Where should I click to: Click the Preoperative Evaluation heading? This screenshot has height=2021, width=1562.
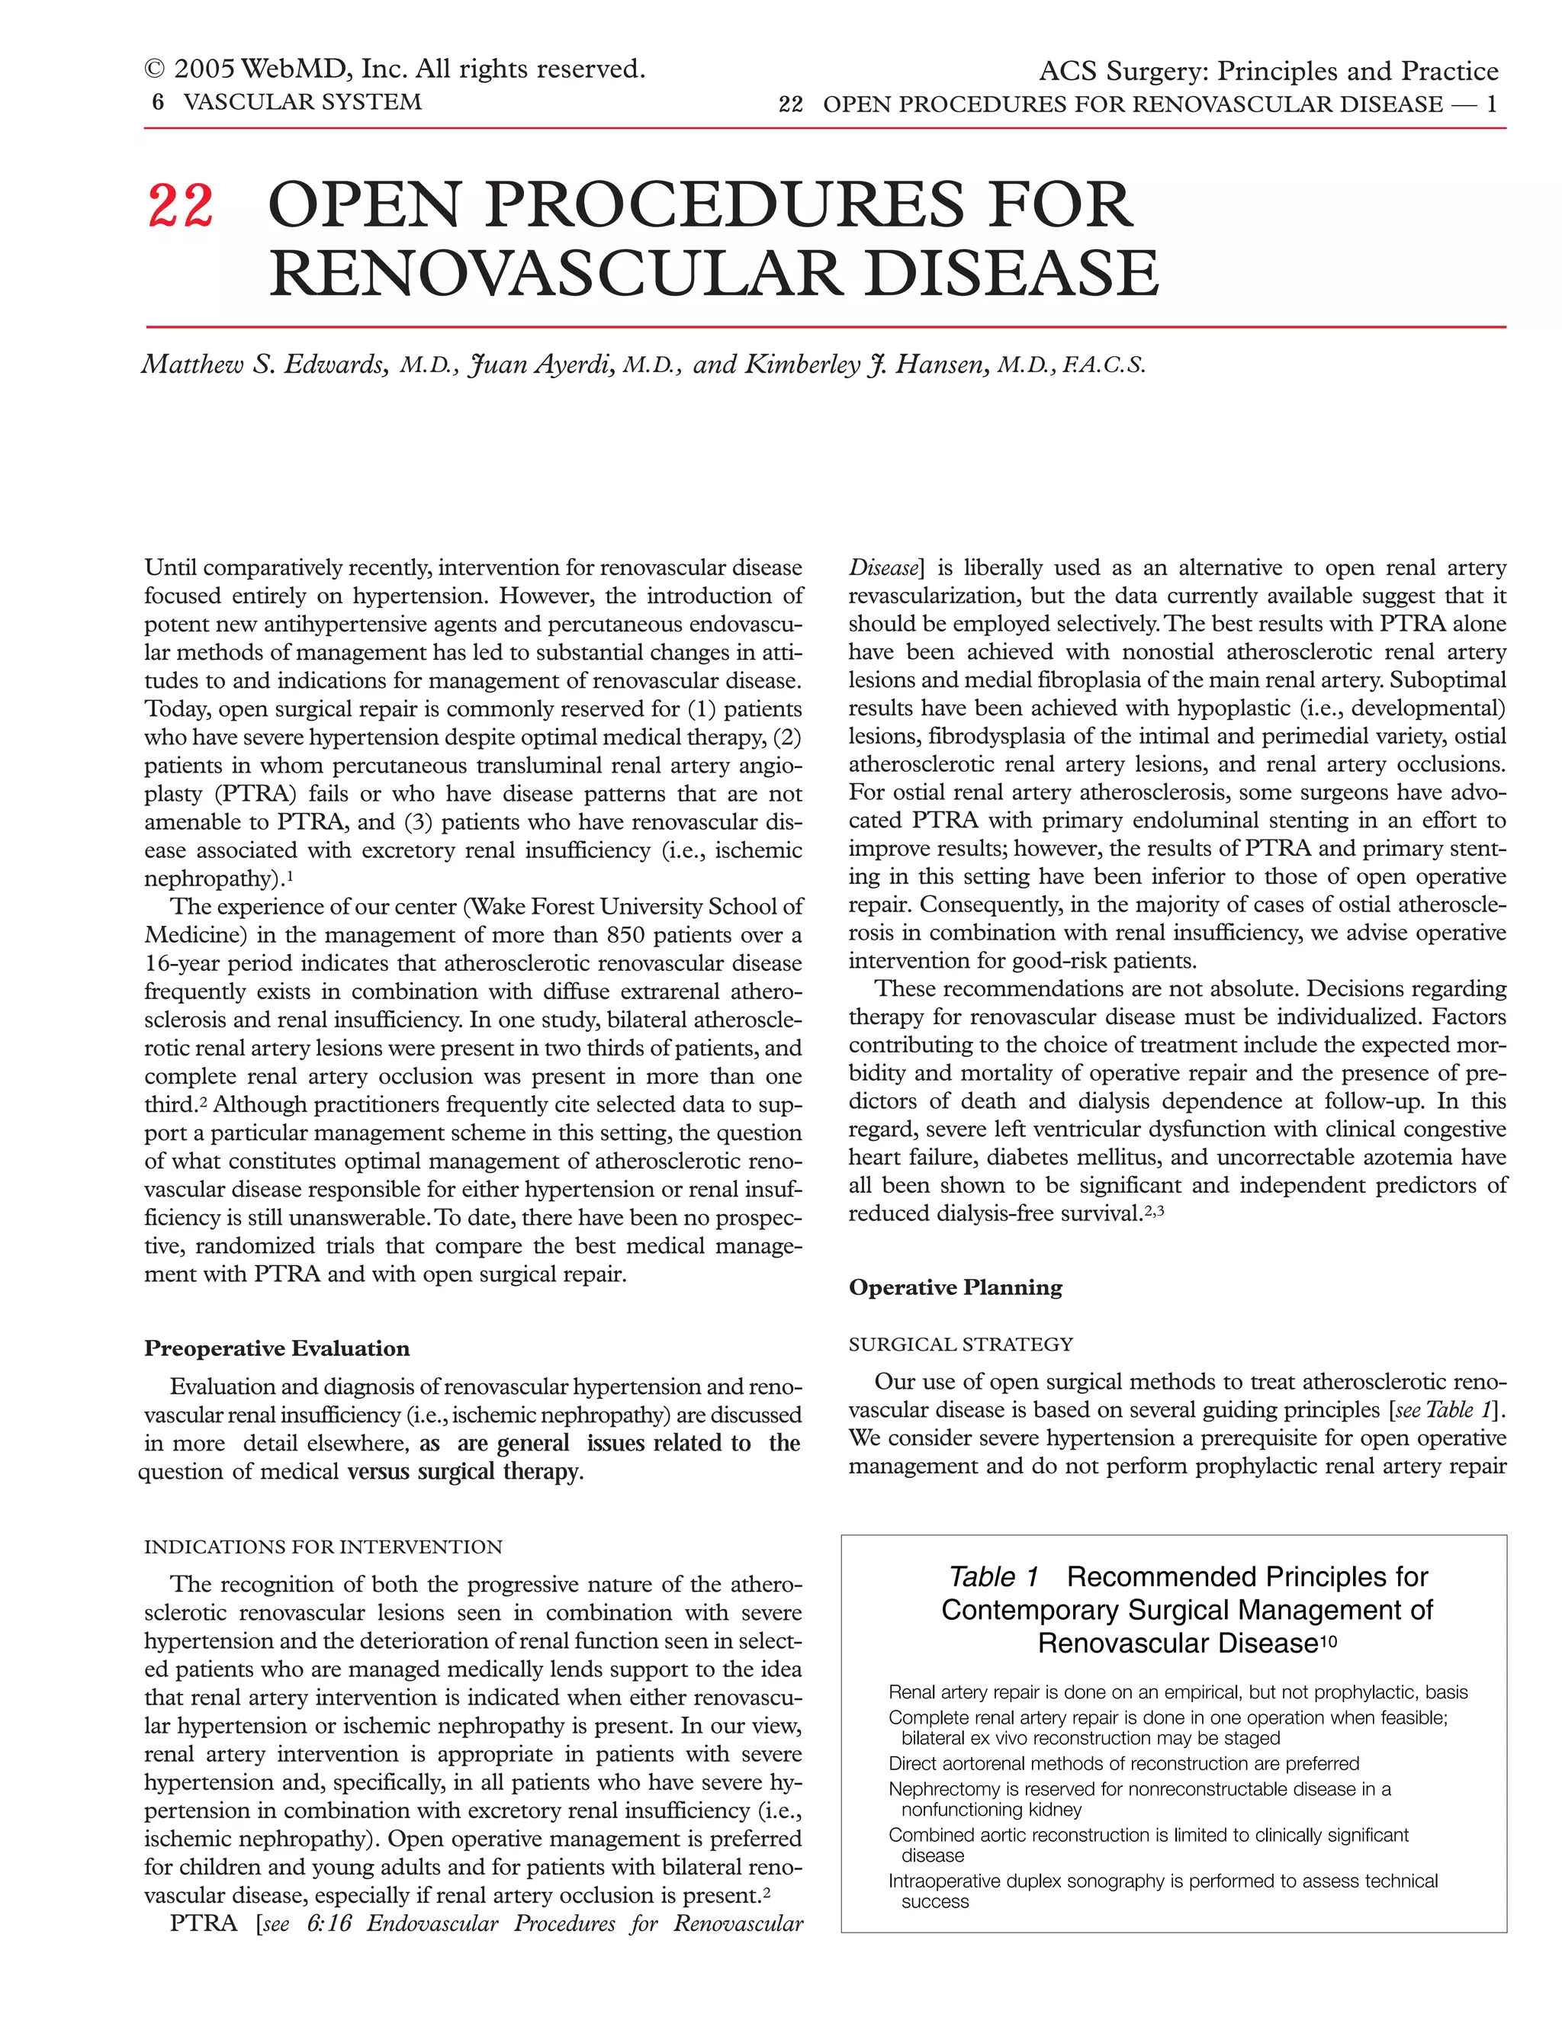[277, 1348]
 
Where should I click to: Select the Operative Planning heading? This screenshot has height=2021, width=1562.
[955, 1287]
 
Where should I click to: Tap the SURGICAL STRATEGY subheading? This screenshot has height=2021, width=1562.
[960, 1344]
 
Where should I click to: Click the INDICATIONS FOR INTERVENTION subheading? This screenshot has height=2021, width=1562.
[323, 1547]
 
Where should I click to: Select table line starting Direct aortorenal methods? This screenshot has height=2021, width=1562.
[1123, 1764]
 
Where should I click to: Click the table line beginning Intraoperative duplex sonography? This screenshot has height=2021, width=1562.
[1162, 1881]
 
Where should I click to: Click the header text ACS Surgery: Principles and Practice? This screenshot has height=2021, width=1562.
[1268, 71]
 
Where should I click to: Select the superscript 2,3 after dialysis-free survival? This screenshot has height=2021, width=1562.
[1154, 1209]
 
